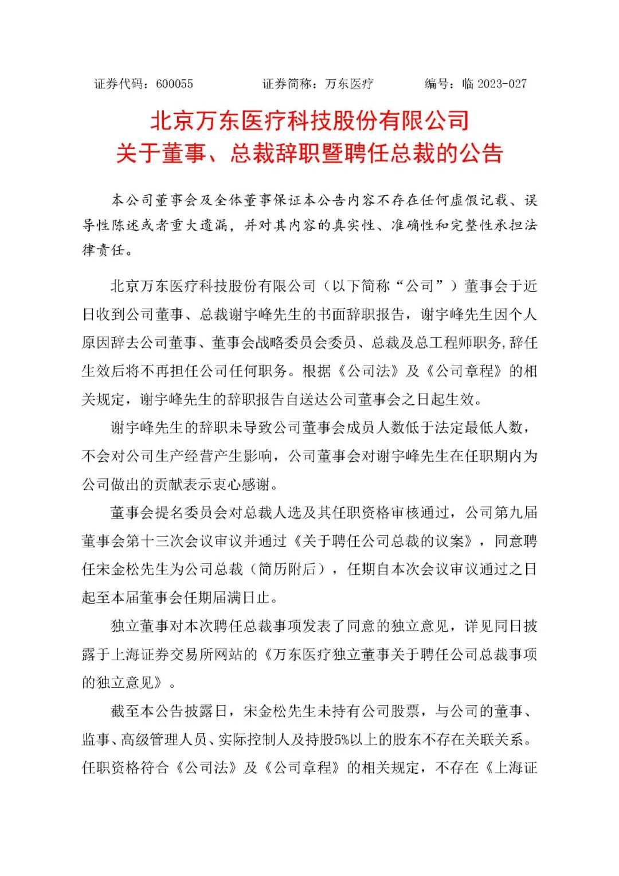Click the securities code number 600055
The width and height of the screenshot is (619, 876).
coord(174,84)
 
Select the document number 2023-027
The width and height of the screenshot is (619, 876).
coord(502,84)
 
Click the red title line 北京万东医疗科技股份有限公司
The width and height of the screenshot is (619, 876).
coord(309,121)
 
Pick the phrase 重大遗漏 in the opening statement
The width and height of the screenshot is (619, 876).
coord(199,225)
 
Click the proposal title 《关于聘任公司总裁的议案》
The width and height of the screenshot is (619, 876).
coord(385,541)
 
